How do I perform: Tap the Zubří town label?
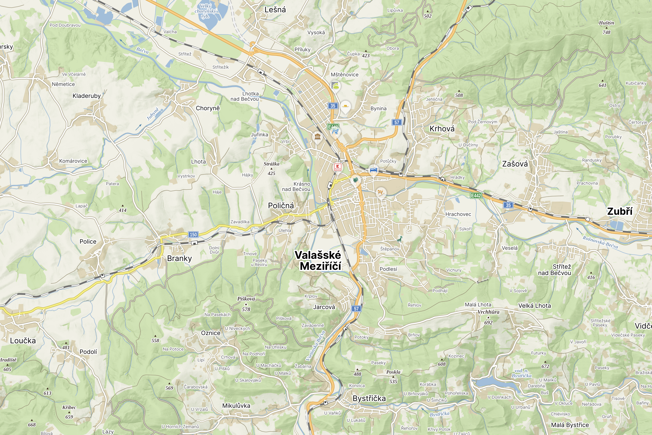[620, 211]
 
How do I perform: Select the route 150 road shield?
[193, 234]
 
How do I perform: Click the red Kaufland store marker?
[338, 167]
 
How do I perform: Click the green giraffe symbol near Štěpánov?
[399, 239]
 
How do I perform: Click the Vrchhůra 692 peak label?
[488, 317]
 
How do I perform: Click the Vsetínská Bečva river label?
[315, 345]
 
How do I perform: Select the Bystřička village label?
[369, 398]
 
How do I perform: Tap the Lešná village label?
[275, 10]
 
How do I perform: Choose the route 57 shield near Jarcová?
[356, 309]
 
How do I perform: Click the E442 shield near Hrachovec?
[476, 196]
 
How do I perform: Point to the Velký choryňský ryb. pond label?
[205, 11]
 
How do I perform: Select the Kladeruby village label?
[87, 96]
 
